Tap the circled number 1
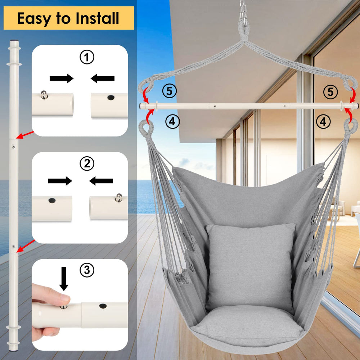point(86,57)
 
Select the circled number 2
point(86,164)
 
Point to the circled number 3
point(86,270)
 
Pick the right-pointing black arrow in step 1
point(61,78)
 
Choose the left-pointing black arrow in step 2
point(101,181)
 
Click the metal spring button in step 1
point(44,94)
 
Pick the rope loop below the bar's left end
point(147,127)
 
